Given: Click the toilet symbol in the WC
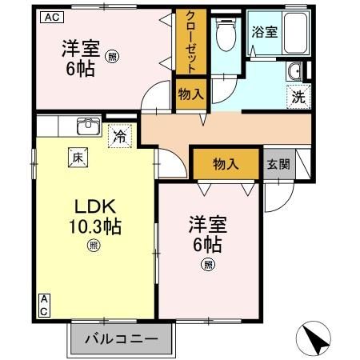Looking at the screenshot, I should (225, 35).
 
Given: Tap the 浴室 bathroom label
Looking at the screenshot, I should (265, 33).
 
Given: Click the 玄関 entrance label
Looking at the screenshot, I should (278, 165).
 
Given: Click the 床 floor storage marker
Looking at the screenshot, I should (81, 158).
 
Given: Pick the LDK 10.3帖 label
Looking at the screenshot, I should (93, 216).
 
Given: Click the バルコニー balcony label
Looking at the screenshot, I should (122, 338).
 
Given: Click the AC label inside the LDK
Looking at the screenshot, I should (44, 305).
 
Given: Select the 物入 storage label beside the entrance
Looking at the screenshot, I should (225, 165).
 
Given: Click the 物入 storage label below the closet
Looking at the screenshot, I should (190, 94).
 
